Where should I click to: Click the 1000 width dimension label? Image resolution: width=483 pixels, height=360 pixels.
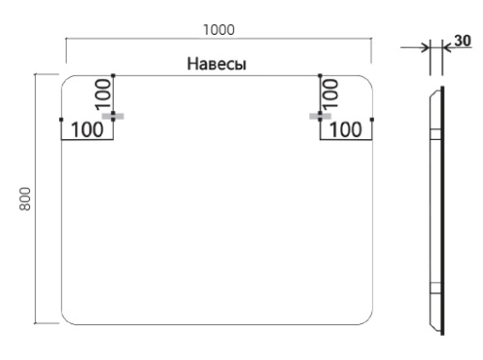pyautogui.click(x=219, y=31)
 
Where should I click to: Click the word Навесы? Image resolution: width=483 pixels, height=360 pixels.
pyautogui.click(x=218, y=65)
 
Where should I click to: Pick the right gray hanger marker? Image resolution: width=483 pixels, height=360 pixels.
pyautogui.click(x=320, y=116)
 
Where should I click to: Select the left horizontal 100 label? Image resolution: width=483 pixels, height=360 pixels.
pyautogui.click(x=87, y=128)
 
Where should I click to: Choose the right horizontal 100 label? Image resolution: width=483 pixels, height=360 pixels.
pyautogui.click(x=347, y=128)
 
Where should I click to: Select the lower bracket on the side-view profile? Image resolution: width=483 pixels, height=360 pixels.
pyautogui.click(x=431, y=285)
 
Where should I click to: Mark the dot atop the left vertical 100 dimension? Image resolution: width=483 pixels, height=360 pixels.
pyautogui.click(x=114, y=74)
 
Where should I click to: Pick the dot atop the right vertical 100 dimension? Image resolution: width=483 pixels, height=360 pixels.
pyautogui.click(x=320, y=74)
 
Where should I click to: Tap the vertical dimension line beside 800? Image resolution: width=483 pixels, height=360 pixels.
pyautogui.click(x=37, y=198)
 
